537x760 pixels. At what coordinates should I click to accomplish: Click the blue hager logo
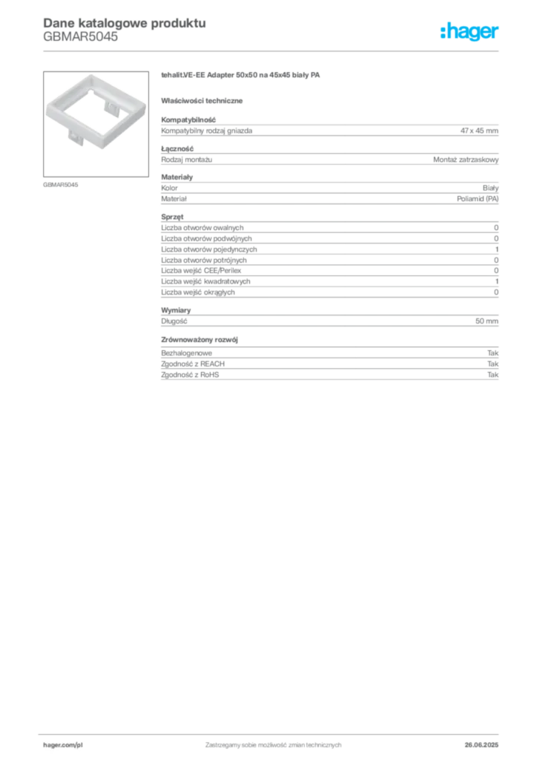pos(470,32)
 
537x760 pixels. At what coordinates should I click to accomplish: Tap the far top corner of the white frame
pos(90,74)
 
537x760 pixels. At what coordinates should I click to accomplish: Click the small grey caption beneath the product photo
pos(62,184)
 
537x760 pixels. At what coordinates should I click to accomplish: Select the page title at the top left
pos(122,23)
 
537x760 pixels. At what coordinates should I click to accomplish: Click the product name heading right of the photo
pos(243,76)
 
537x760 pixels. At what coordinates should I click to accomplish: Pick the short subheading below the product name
pos(205,100)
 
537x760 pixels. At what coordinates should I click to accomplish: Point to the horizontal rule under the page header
pos(273,50)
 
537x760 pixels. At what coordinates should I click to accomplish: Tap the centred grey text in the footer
pos(272,742)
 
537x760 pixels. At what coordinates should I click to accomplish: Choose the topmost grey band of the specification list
pos(329,130)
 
